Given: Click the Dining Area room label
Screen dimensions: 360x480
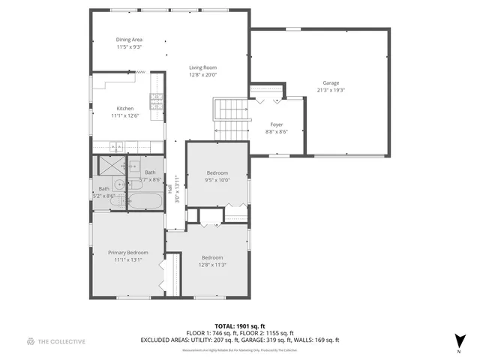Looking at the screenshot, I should (x=129, y=40).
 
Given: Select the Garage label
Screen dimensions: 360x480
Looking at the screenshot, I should (x=331, y=83).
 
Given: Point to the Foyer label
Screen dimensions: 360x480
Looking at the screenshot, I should (x=277, y=124).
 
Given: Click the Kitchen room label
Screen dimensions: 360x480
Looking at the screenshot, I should (x=125, y=108).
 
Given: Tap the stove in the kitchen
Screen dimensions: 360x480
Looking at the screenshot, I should (x=157, y=103).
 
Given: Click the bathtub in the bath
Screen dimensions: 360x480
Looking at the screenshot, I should (x=145, y=201).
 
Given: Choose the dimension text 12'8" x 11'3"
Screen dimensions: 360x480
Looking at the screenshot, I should (x=213, y=264).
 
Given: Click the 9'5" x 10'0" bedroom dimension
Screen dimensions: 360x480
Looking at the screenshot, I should (x=217, y=180).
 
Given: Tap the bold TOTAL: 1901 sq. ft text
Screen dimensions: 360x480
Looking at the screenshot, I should (x=240, y=326).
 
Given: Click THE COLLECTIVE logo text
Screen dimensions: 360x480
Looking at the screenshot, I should (x=61, y=341).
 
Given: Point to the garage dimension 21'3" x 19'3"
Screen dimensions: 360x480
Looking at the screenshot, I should (x=331, y=90).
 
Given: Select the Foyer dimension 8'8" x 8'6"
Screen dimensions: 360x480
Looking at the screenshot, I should (x=277, y=131).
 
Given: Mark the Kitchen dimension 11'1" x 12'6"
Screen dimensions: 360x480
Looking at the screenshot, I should (x=125, y=115).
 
